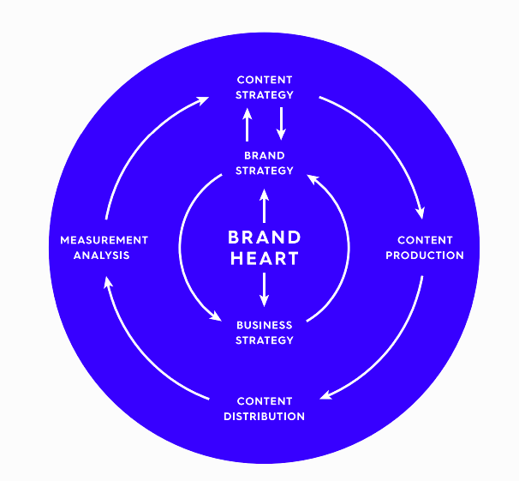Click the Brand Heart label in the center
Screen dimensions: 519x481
pos(265,248)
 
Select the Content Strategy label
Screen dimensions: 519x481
pos(265,87)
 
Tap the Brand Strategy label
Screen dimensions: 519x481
pos(265,163)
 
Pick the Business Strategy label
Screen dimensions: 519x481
pos(265,333)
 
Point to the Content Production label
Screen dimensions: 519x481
pos(425,248)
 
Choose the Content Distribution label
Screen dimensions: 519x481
pos(265,409)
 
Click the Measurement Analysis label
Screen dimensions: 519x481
pos(104,248)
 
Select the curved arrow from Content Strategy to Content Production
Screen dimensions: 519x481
pos(384,139)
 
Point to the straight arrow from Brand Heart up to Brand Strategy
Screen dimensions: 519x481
pos(264,206)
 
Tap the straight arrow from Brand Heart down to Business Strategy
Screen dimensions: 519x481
pos(264,290)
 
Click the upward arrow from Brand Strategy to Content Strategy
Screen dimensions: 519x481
pos(247,124)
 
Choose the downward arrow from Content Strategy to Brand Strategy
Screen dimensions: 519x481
pos(282,123)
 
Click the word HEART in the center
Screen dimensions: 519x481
pos(265,258)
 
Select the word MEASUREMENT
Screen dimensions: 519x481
pos(104,240)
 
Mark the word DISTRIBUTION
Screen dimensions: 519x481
pos(265,417)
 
